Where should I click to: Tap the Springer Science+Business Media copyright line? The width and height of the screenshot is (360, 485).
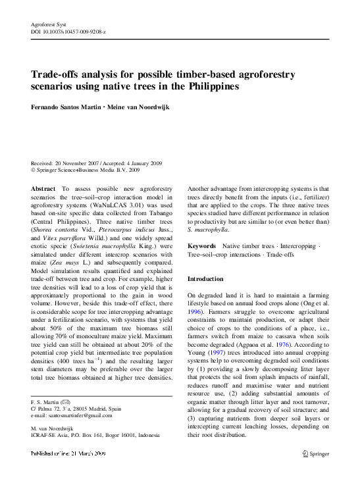coord(86,170)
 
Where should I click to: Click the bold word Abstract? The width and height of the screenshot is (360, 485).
coord(43,189)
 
